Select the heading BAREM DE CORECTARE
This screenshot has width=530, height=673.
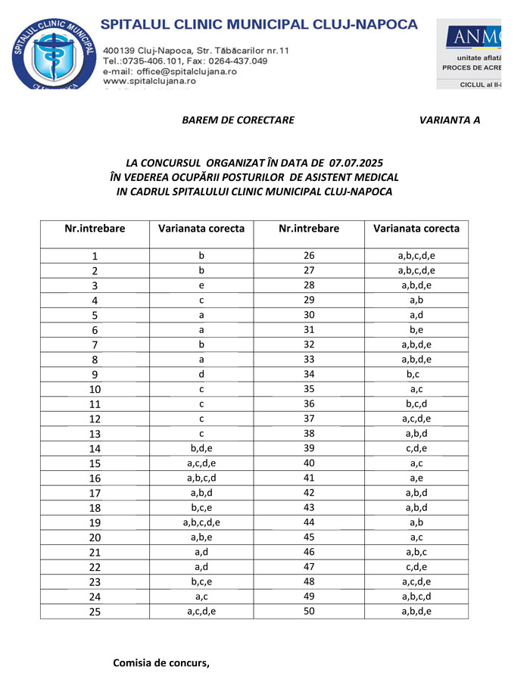coord(238,120)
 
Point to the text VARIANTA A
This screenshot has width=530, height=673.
coord(450,120)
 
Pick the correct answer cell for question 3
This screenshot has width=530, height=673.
coord(201,285)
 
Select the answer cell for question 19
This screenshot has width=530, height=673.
coord(201,522)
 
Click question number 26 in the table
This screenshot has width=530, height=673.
coord(309,256)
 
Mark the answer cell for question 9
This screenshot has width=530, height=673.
coord(201,374)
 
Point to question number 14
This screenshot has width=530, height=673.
coord(95,448)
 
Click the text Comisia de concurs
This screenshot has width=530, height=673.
coord(161,663)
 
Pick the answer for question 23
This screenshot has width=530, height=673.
coord(201,581)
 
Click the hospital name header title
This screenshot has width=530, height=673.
coord(259,24)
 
